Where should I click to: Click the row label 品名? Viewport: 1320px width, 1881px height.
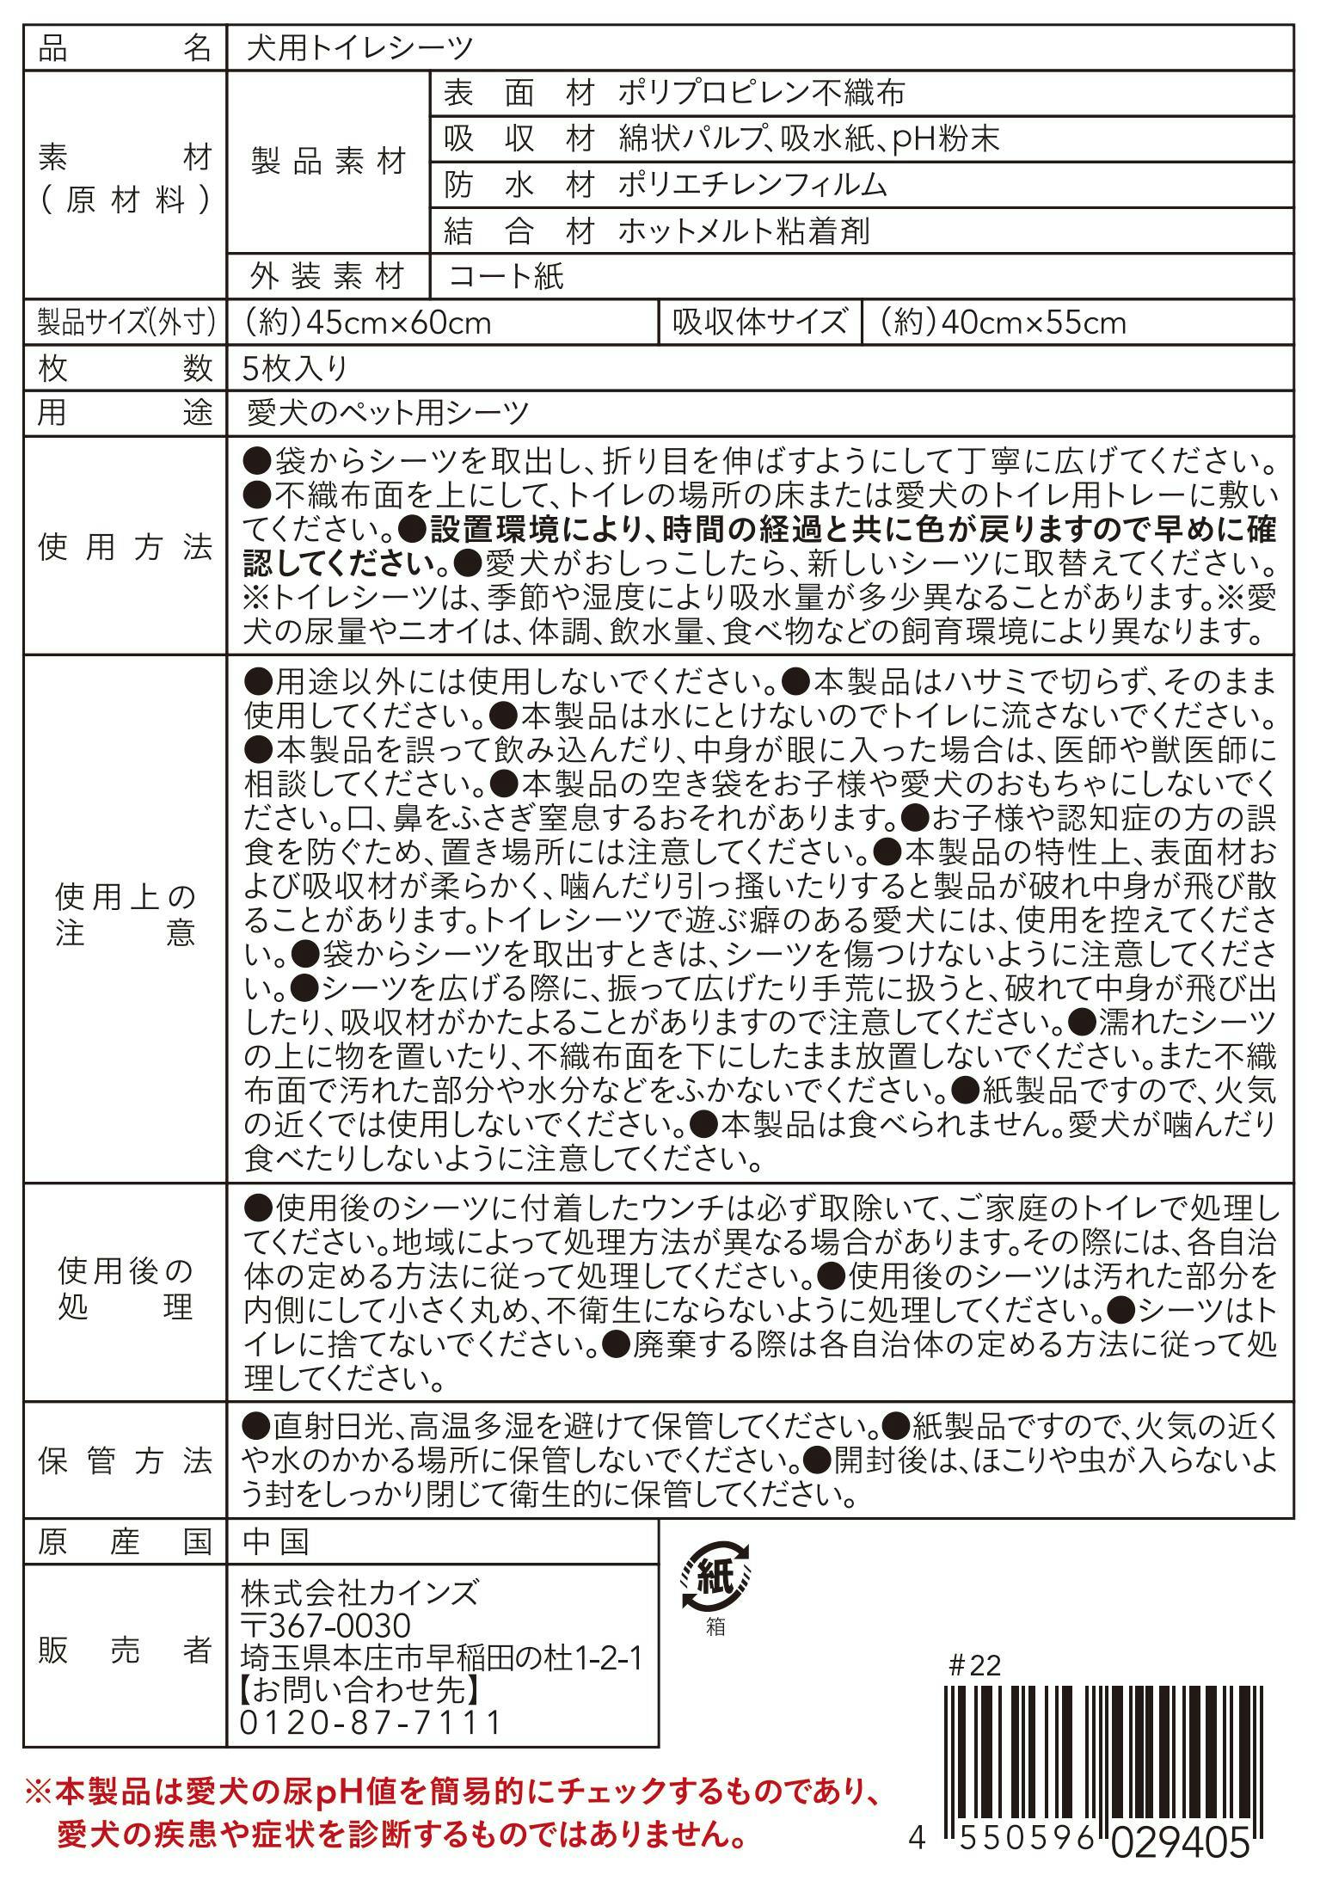click(x=124, y=49)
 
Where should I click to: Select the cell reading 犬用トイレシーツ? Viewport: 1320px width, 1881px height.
click(x=359, y=49)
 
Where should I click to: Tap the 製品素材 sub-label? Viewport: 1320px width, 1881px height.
click(x=328, y=161)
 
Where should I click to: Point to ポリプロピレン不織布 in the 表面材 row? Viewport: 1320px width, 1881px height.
click(x=761, y=93)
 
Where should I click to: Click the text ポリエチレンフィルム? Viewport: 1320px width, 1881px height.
click(x=752, y=185)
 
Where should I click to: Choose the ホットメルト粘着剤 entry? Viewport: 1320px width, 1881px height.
click(x=744, y=231)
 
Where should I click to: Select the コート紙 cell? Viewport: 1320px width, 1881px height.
click(x=507, y=277)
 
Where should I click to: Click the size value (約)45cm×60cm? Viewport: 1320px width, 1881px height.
click(x=368, y=323)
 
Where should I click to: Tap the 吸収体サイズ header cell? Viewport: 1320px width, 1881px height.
click(x=759, y=323)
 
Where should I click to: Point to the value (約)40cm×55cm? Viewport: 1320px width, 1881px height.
click(x=1003, y=323)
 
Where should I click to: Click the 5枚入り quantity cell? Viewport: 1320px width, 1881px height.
click(x=296, y=368)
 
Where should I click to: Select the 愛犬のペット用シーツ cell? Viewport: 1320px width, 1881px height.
click(x=387, y=414)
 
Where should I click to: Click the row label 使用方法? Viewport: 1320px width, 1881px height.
click(x=124, y=547)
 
